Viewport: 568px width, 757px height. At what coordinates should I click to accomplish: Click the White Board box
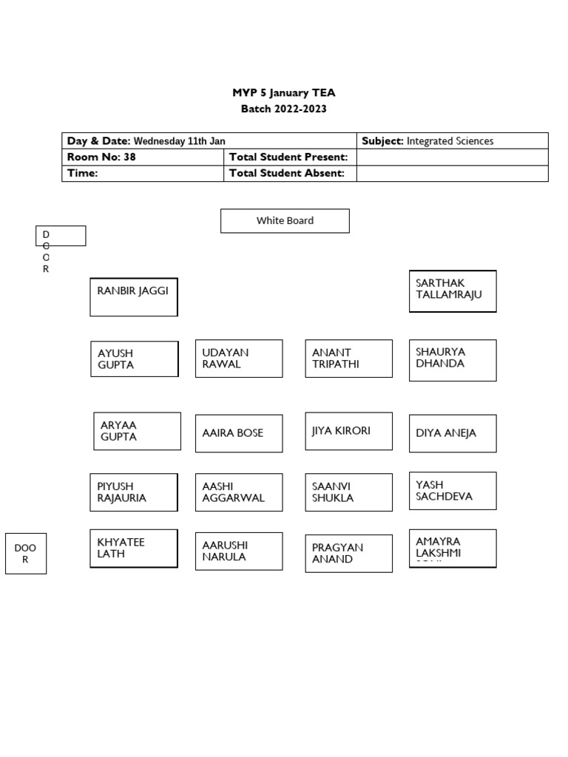pyautogui.click(x=285, y=220)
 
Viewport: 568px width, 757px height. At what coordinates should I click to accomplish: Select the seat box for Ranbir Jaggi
pyautogui.click(x=134, y=296)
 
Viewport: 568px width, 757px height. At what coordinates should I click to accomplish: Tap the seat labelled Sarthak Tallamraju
pyautogui.click(x=453, y=291)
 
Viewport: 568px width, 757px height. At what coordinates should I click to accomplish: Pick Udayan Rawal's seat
pyautogui.click(x=239, y=359)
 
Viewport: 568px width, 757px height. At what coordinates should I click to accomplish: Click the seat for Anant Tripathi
pyautogui.click(x=349, y=359)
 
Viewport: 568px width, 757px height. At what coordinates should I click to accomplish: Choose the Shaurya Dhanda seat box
pyautogui.click(x=453, y=360)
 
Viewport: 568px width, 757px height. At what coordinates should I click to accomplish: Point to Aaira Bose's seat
pyautogui.click(x=239, y=433)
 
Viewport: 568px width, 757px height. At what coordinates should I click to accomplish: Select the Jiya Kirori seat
pyautogui.click(x=349, y=432)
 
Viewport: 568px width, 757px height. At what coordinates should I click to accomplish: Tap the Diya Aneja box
pyautogui.click(x=453, y=433)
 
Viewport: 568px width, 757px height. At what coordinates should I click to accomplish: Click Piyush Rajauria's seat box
pyautogui.click(x=134, y=492)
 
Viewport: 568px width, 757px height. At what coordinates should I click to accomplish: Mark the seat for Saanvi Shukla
pyautogui.click(x=349, y=492)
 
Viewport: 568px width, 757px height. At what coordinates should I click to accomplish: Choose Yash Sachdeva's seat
pyautogui.click(x=453, y=492)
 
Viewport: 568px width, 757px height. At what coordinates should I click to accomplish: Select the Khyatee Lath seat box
pyautogui.click(x=134, y=549)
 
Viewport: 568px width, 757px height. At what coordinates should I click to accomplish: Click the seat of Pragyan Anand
pyautogui.click(x=349, y=554)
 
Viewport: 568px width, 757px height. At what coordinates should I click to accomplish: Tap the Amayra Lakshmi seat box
pyautogui.click(x=453, y=549)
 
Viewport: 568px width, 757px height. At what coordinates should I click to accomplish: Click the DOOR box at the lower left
pyautogui.click(x=26, y=554)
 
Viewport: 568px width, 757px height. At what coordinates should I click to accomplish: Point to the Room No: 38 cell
pyautogui.click(x=143, y=157)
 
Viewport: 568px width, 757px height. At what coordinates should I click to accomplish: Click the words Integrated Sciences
pyautogui.click(x=450, y=141)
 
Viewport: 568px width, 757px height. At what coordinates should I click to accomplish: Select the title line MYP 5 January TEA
pyautogui.click(x=284, y=93)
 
